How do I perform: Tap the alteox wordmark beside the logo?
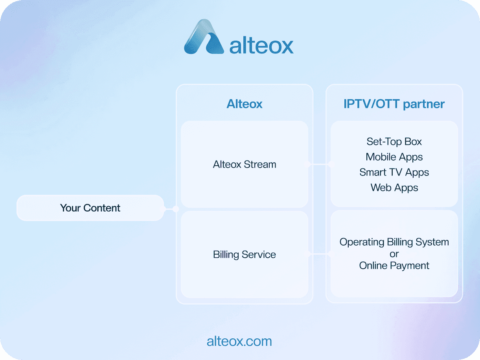point(261,46)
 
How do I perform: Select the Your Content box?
point(90,208)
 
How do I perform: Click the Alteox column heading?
point(244,104)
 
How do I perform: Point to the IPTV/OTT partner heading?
point(394,104)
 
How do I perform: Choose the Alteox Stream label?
point(245,164)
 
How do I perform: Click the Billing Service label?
point(245,255)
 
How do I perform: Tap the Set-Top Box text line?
point(394,142)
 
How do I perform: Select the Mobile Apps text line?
point(394,157)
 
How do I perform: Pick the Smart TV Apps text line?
point(394,173)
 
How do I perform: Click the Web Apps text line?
point(394,188)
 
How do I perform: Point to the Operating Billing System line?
point(394,242)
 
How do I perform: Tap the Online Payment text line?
point(394,266)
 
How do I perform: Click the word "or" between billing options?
point(394,254)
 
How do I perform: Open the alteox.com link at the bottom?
point(239,342)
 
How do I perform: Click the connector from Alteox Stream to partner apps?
point(320,164)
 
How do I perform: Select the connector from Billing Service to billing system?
point(320,254)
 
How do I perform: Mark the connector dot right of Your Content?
point(176,209)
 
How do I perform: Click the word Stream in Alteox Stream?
point(260,164)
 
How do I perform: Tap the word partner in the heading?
point(424,104)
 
